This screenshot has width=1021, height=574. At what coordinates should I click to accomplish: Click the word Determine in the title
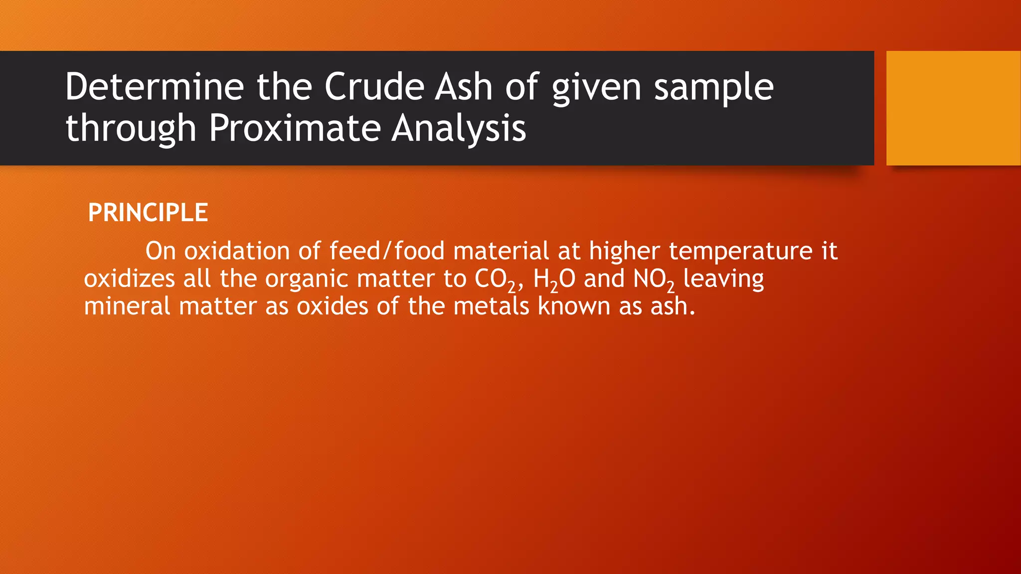[154, 87]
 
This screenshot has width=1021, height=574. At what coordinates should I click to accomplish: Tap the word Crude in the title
[374, 87]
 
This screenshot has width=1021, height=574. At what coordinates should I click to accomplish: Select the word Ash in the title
[463, 87]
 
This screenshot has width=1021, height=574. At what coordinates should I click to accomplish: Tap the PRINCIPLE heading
[148, 213]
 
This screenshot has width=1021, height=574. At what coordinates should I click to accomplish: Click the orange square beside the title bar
[953, 108]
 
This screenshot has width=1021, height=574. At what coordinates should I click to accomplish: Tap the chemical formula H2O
[554, 279]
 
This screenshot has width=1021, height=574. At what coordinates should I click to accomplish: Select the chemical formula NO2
[654, 279]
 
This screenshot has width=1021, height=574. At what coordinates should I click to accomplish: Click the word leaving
[723, 279]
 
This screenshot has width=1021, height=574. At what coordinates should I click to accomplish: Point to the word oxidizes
[129, 279]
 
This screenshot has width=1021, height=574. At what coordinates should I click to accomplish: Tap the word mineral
[127, 306]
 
